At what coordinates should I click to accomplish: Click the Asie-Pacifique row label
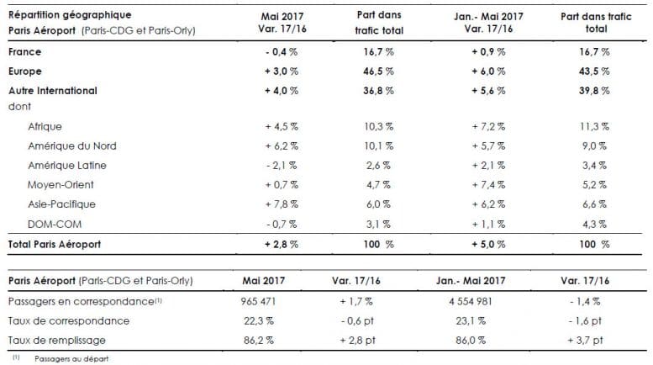(x=61, y=204)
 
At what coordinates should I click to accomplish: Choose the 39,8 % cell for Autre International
(x=587, y=90)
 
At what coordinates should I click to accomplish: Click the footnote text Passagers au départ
(x=69, y=358)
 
